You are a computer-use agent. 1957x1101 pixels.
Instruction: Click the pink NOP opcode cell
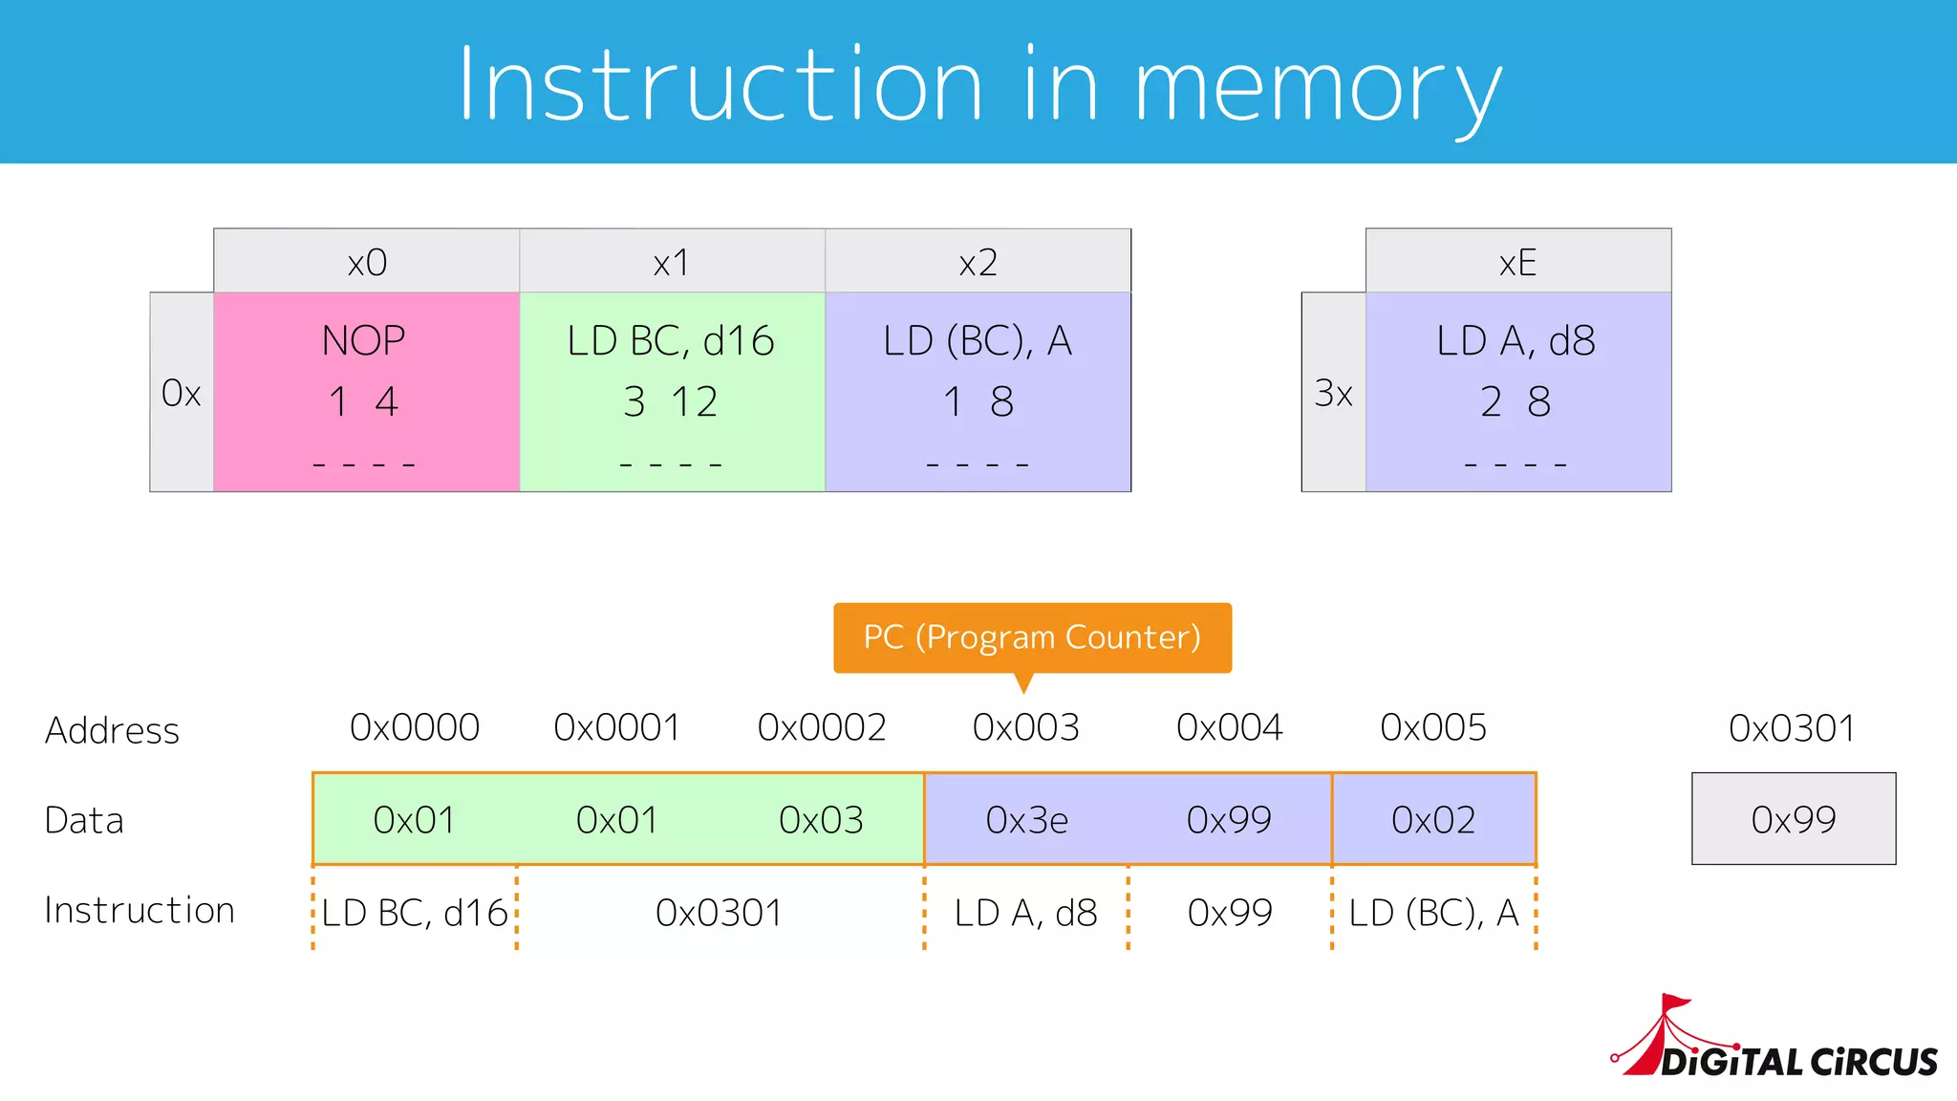[366, 392]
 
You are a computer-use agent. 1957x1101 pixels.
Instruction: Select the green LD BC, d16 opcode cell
[672, 392]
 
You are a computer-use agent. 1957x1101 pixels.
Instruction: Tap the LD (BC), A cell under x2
[978, 392]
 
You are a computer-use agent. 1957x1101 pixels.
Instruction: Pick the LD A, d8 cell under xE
[1517, 392]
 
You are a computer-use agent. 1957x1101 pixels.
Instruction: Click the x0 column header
[366, 262]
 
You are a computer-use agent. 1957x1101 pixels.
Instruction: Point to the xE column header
[1517, 262]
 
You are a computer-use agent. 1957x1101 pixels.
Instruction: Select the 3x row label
[1333, 393]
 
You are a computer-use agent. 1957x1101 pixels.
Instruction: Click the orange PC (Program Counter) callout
[1032, 637]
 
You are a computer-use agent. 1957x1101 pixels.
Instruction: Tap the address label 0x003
[1025, 728]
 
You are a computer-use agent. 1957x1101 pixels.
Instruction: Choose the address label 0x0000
[414, 728]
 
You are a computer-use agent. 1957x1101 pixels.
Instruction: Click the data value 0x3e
[1026, 820]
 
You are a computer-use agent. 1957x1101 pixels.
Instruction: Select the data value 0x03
[821, 820]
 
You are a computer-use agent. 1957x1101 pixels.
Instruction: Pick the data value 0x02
[1433, 820]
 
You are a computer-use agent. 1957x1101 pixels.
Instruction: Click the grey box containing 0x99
[1793, 819]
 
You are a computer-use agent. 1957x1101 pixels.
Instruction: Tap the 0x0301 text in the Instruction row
[719, 913]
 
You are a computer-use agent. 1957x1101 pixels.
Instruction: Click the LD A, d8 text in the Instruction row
[1025, 913]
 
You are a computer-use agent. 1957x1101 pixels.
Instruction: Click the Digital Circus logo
[1777, 1045]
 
